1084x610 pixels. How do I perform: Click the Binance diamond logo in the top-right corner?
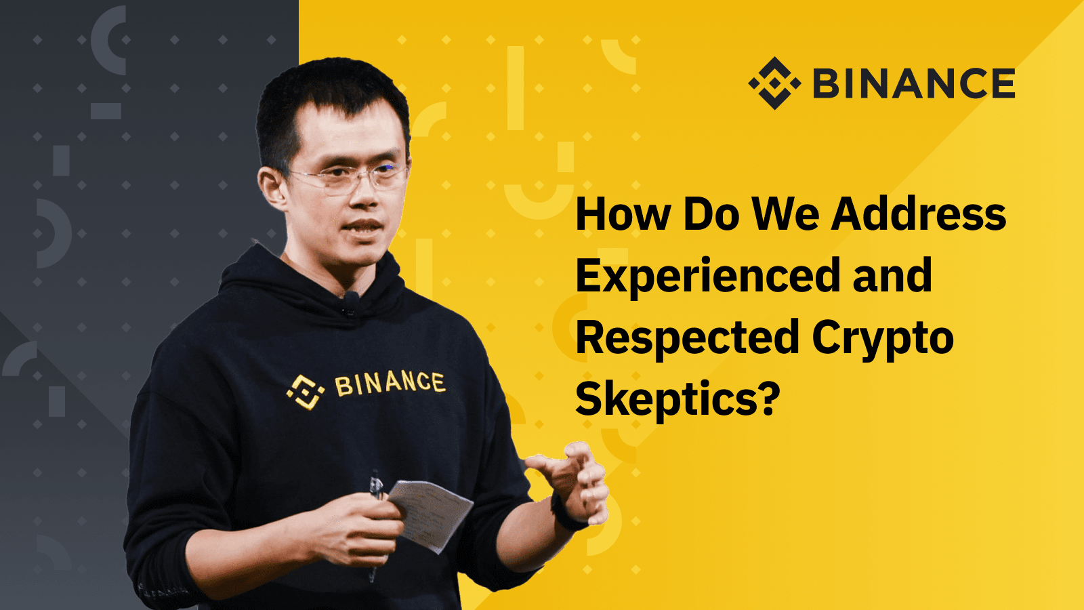point(774,83)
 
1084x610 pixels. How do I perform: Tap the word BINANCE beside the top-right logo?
point(914,83)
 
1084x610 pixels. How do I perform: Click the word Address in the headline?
point(919,213)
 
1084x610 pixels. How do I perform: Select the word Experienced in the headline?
point(708,276)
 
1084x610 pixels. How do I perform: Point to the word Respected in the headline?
point(687,338)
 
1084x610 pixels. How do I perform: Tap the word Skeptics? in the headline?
point(677,400)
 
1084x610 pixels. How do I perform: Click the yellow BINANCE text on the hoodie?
point(390,384)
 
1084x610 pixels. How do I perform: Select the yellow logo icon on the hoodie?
point(306,392)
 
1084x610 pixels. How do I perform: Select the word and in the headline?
point(893,275)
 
